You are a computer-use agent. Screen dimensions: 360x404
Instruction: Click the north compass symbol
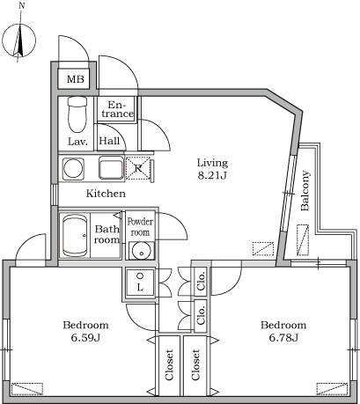[x=19, y=40]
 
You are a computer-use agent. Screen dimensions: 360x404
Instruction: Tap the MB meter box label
[x=76, y=79]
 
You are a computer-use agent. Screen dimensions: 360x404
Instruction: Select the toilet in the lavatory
[x=77, y=114]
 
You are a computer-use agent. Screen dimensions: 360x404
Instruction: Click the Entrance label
[x=117, y=109]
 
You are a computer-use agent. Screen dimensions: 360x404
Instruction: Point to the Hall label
[x=109, y=141]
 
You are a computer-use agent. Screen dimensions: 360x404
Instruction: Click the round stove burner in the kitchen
[x=73, y=169]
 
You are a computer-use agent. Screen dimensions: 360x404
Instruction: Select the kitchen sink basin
[x=111, y=167]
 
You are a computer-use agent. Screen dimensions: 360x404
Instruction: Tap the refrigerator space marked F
[x=138, y=168]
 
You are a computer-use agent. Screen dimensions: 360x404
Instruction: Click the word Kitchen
[x=106, y=194]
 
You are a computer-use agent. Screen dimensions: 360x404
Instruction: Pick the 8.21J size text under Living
[x=213, y=175]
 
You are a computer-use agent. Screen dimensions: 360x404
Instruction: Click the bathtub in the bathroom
[x=75, y=235]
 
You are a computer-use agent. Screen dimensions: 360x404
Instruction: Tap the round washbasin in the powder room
[x=142, y=251]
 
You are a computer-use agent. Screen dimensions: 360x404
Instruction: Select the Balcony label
[x=305, y=191]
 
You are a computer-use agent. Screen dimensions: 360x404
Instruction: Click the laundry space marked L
[x=140, y=282]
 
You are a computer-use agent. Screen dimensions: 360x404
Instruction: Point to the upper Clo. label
[x=202, y=282]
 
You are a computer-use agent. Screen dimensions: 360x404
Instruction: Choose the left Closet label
[x=169, y=364]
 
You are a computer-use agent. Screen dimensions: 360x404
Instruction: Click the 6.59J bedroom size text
[x=85, y=338]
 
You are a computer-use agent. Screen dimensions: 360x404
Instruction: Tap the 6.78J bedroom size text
[x=283, y=338]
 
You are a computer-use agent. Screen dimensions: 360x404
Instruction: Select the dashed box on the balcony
[x=303, y=240]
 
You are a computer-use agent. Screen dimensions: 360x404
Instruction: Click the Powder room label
[x=140, y=227]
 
